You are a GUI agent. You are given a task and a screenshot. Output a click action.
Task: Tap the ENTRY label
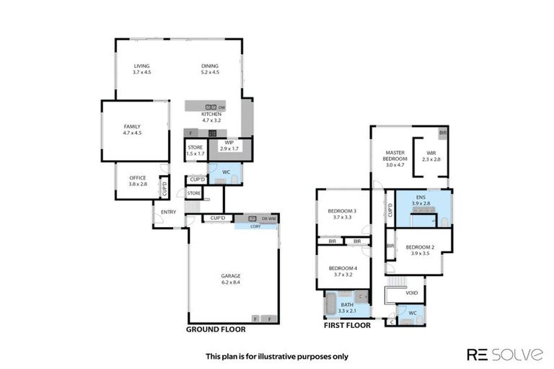(x=168, y=212)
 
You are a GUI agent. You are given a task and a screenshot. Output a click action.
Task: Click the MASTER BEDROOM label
(x=395, y=155)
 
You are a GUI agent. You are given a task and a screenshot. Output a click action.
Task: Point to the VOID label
(x=412, y=293)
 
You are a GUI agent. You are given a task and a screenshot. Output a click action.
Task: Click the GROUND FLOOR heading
(x=216, y=329)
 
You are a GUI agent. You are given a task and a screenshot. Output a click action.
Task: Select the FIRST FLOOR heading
(x=348, y=325)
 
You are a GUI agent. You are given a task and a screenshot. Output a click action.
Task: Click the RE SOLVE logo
(x=505, y=354)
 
